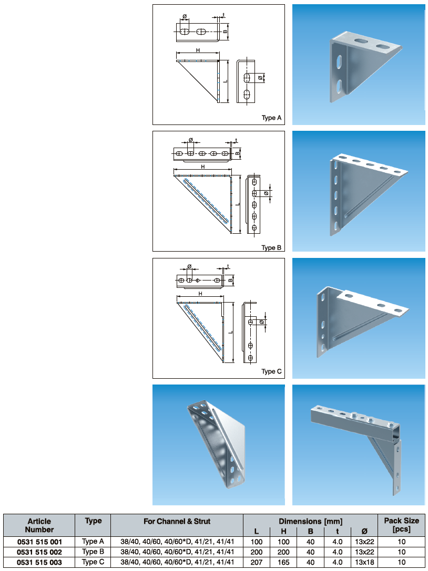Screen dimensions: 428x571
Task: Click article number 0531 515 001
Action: click(x=39, y=542)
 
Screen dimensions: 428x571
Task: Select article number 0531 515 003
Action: click(x=39, y=562)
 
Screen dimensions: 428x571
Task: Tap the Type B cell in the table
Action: click(x=93, y=552)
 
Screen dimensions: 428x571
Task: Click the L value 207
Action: click(x=256, y=562)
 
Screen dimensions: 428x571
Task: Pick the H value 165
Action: click(x=283, y=562)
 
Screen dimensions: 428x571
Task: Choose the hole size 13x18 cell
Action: click(x=364, y=562)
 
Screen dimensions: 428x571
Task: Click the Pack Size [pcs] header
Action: click(x=401, y=525)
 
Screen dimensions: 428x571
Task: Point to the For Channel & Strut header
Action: click(x=177, y=522)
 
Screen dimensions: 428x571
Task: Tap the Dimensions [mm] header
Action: click(x=311, y=522)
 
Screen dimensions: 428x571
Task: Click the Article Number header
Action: click(x=39, y=525)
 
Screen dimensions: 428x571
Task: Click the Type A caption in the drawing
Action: click(x=271, y=118)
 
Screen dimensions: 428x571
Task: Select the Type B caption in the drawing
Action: click(x=271, y=247)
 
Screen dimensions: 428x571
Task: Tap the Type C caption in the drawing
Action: click(x=271, y=371)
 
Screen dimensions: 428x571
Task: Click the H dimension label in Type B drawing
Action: click(x=203, y=167)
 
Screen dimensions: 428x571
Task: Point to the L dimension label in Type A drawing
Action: click(x=225, y=81)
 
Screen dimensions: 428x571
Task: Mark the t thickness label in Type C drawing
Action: click(x=228, y=266)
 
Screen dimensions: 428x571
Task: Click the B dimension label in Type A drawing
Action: click(x=225, y=32)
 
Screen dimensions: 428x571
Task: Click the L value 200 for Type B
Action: click(x=256, y=552)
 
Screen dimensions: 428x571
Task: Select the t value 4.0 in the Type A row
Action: click(x=337, y=542)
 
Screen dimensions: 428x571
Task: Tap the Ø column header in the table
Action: click(x=364, y=532)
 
